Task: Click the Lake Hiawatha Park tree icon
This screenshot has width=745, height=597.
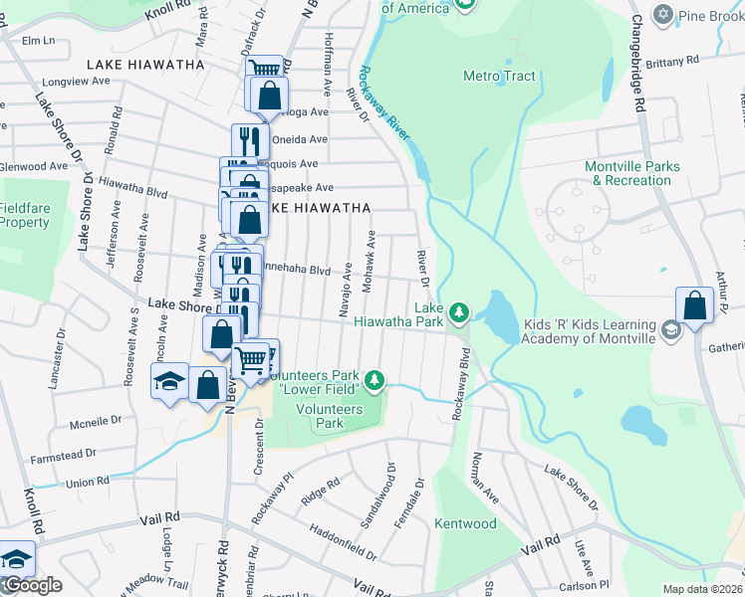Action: pos(458,313)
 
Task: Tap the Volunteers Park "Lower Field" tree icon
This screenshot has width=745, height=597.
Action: pos(373,380)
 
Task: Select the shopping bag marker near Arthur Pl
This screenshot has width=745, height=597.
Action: pos(694,305)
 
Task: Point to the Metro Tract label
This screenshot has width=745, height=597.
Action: pos(499,76)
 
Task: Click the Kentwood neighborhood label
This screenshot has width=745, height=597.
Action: pos(465,523)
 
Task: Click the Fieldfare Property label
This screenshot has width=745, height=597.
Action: pos(24,215)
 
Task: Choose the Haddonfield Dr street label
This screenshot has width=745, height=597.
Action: pos(343,540)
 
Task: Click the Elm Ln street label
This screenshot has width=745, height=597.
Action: pos(38,41)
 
